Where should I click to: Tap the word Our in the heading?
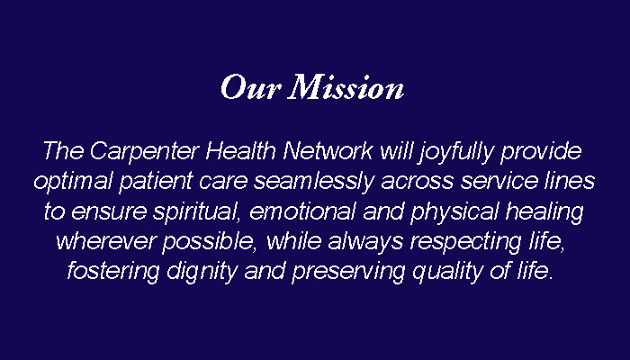pyautogui.click(x=250, y=86)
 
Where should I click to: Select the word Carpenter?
pyautogui.click(x=145, y=152)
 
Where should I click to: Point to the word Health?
pyautogui.click(x=240, y=150)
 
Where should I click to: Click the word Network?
pyautogui.click(x=328, y=150)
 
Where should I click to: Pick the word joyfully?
pyautogui.click(x=455, y=152)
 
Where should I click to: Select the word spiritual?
pyautogui.click(x=196, y=212)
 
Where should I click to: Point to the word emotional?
pyautogui.click(x=303, y=211)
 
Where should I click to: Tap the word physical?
pyautogui.click(x=454, y=212)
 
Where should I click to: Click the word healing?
pyautogui.click(x=544, y=212)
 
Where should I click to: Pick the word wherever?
pyautogui.click(x=105, y=241)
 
